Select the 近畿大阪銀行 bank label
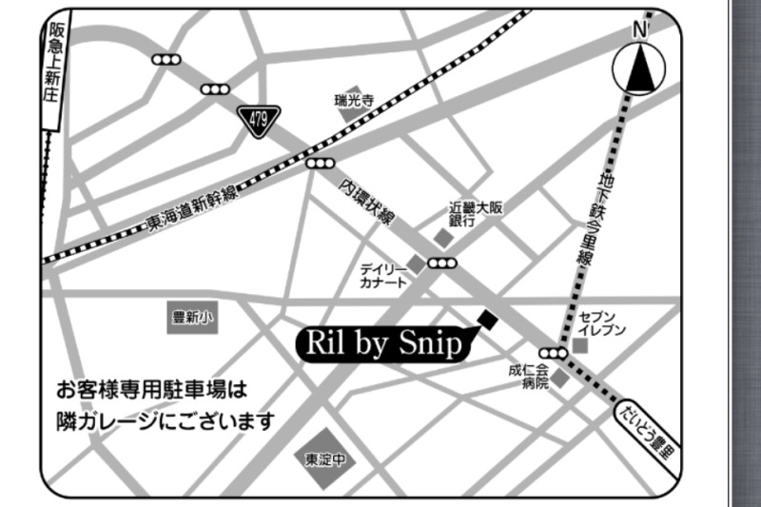tap(475, 212)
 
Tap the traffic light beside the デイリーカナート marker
tap(442, 263)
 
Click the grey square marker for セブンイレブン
tap(580, 347)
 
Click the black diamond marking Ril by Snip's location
tap(487, 321)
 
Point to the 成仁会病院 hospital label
tap(530, 377)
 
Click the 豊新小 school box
tap(192, 320)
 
